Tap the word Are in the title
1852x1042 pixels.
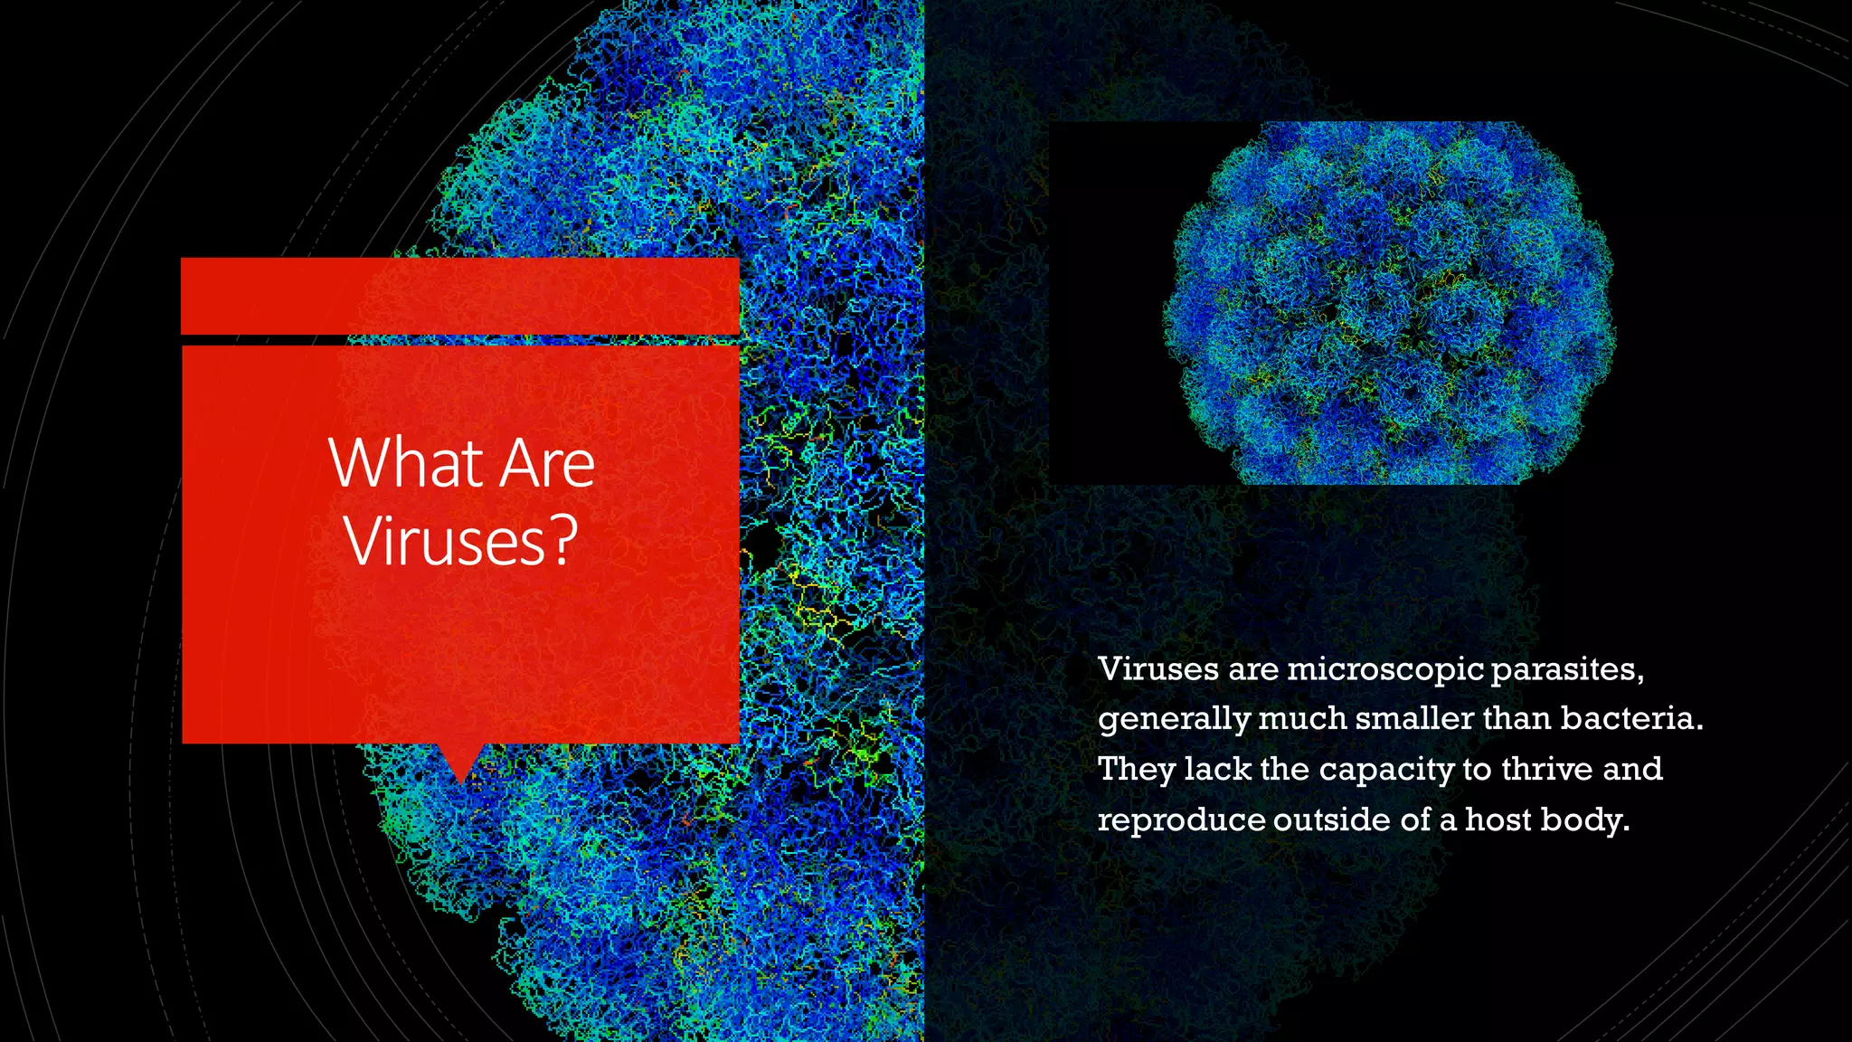(x=547, y=463)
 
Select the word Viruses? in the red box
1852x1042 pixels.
(x=460, y=541)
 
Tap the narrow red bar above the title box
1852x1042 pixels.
(x=460, y=296)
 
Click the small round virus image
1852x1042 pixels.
(x=1388, y=303)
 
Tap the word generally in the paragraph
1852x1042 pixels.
(x=1173, y=720)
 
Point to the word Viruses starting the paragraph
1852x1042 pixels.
(x=1157, y=669)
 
